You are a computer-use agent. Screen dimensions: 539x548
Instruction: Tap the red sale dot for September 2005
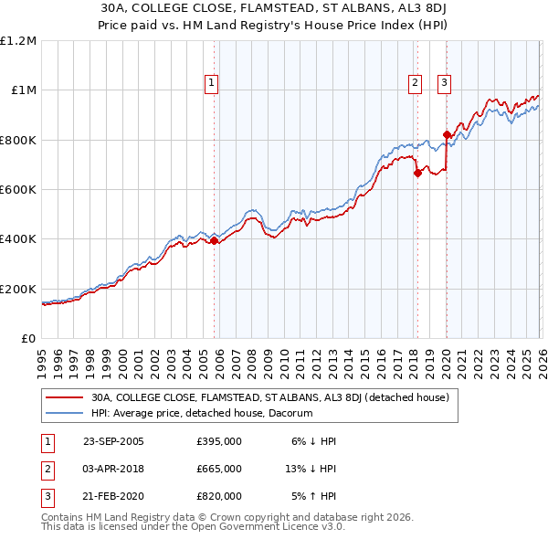pyautogui.click(x=215, y=241)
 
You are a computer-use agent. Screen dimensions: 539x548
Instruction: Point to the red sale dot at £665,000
pyautogui.click(x=416, y=173)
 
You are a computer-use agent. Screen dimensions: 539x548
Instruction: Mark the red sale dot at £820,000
pyautogui.click(x=446, y=135)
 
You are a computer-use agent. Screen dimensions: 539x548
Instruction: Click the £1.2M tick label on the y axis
pyautogui.click(x=19, y=41)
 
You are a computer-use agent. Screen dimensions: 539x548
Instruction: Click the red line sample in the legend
pyautogui.click(x=65, y=398)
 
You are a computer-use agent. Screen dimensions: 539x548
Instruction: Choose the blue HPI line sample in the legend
pyautogui.click(x=65, y=414)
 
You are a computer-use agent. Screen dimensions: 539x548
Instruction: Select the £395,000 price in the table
pyautogui.click(x=219, y=441)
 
